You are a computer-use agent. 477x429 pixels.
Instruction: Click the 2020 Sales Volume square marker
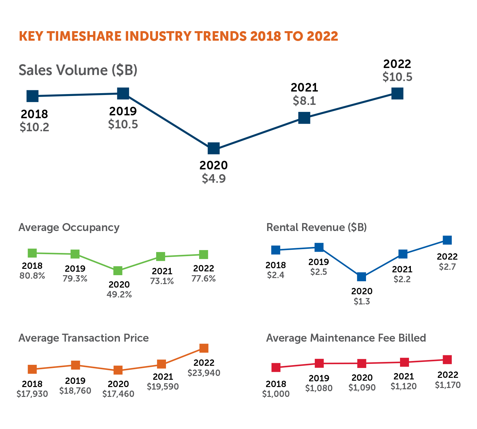tap(214, 148)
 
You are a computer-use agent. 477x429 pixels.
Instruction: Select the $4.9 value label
tap(214, 179)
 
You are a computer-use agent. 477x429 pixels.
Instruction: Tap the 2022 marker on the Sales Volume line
tap(397, 93)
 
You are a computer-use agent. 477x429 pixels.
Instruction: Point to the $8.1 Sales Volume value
tap(304, 101)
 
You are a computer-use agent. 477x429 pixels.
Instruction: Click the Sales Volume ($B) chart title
tap(78, 70)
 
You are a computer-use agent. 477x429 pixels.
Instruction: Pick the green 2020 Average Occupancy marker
tap(118, 271)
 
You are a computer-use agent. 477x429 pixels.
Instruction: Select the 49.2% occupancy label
tap(119, 295)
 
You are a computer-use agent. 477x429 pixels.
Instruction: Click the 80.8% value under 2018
tap(32, 276)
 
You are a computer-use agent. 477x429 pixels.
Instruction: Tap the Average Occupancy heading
tap(69, 228)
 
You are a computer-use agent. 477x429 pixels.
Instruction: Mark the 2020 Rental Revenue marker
tap(362, 277)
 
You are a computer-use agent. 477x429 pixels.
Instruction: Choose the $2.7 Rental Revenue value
tap(447, 267)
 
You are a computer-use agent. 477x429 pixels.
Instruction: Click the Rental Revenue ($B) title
tap(316, 228)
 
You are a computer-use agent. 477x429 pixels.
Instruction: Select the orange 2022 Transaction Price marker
tap(204, 348)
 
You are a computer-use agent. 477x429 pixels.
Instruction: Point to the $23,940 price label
tap(204, 373)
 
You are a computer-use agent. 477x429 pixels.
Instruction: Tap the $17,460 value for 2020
tap(118, 394)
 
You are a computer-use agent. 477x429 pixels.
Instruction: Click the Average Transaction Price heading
tap(84, 338)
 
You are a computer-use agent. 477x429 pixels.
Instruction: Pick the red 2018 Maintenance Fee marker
tap(276, 368)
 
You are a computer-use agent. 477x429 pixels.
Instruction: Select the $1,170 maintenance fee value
tap(448, 385)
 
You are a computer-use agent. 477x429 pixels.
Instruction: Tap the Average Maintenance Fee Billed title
tap(346, 338)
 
